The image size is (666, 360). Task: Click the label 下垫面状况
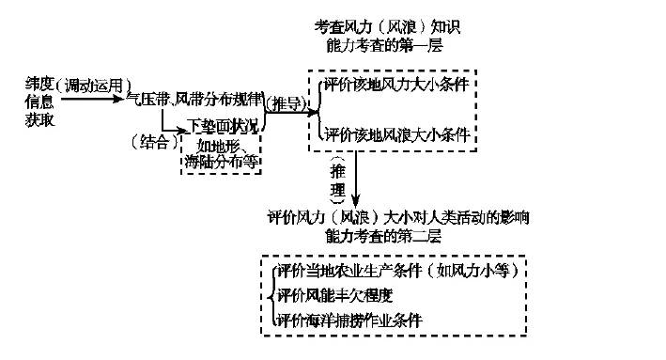(x=225, y=124)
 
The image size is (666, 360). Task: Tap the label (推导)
(x=288, y=102)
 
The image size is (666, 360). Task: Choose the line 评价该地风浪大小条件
(x=396, y=134)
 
